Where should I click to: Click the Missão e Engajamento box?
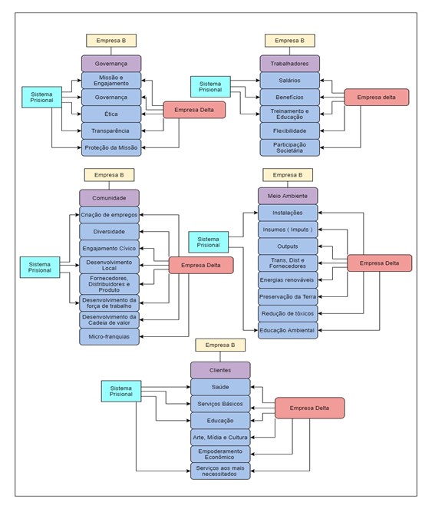click(x=111, y=80)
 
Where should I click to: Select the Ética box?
click(x=111, y=114)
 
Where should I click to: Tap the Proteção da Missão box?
click(x=111, y=147)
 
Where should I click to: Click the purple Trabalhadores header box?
click(x=289, y=63)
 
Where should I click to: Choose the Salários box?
click(x=289, y=80)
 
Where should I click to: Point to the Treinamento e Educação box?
click(x=289, y=114)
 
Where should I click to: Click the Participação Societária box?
click(x=289, y=147)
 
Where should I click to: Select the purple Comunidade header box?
click(x=109, y=197)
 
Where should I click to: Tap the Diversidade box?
click(x=109, y=231)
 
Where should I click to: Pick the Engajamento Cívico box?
click(x=109, y=248)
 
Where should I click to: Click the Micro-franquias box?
click(x=109, y=336)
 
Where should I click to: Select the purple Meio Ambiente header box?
click(x=288, y=196)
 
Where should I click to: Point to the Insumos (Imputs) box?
click(x=288, y=230)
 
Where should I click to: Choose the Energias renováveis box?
click(x=288, y=280)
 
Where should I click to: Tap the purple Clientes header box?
click(x=220, y=370)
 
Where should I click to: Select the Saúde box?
click(x=220, y=387)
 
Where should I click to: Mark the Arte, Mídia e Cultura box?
click(x=220, y=437)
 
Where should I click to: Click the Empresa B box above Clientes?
click(x=220, y=345)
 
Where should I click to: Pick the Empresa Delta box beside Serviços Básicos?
click(x=309, y=408)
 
